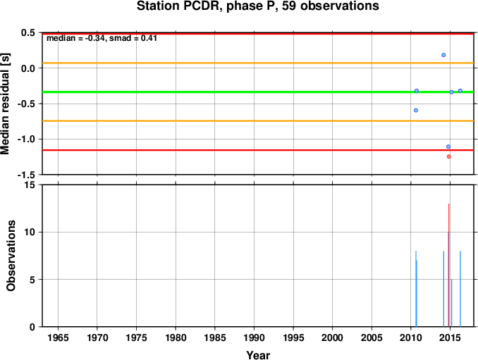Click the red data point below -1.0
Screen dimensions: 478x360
[x=448, y=156]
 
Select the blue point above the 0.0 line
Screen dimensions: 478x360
[x=443, y=55]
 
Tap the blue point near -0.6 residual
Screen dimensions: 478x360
[x=416, y=110]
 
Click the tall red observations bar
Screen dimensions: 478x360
[x=448, y=265]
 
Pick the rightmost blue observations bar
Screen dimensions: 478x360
[x=460, y=289]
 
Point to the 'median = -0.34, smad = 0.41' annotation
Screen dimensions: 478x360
[x=102, y=38]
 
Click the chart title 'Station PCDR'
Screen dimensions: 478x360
[x=180, y=6]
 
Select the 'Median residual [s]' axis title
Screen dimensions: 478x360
[x=5, y=104]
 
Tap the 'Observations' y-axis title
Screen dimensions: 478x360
[x=11, y=256]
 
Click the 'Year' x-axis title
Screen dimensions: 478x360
[x=258, y=355]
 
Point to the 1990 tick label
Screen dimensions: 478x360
[x=254, y=337]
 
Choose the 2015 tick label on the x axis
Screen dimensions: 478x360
[x=450, y=337]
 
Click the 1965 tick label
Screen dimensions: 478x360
[x=58, y=337]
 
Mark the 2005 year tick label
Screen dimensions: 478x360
[x=372, y=337]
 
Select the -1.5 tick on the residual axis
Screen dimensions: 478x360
[x=26, y=175]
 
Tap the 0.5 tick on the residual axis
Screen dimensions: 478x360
[x=28, y=32]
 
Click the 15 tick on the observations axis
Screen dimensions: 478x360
[x=30, y=185]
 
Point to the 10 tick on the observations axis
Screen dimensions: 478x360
[x=30, y=232]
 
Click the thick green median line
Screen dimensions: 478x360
[x=258, y=92]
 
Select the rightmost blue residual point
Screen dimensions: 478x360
[x=460, y=91]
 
